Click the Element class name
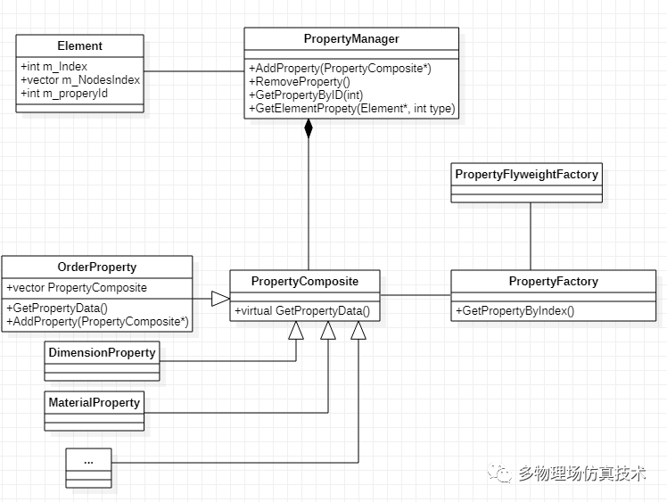(79, 45)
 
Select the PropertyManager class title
(351, 39)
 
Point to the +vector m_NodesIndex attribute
(79, 79)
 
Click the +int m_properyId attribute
(63, 93)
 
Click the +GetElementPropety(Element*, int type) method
(351, 108)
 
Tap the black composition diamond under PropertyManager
(309, 128)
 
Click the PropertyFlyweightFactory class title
(527, 175)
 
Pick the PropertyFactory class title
(553, 282)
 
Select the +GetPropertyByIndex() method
(515, 311)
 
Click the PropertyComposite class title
(304, 282)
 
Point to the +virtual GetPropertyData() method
(302, 311)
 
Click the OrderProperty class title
(96, 267)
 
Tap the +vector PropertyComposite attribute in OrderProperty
(76, 288)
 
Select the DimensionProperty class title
(102, 353)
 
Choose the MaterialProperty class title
(94, 403)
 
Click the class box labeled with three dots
(88, 463)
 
